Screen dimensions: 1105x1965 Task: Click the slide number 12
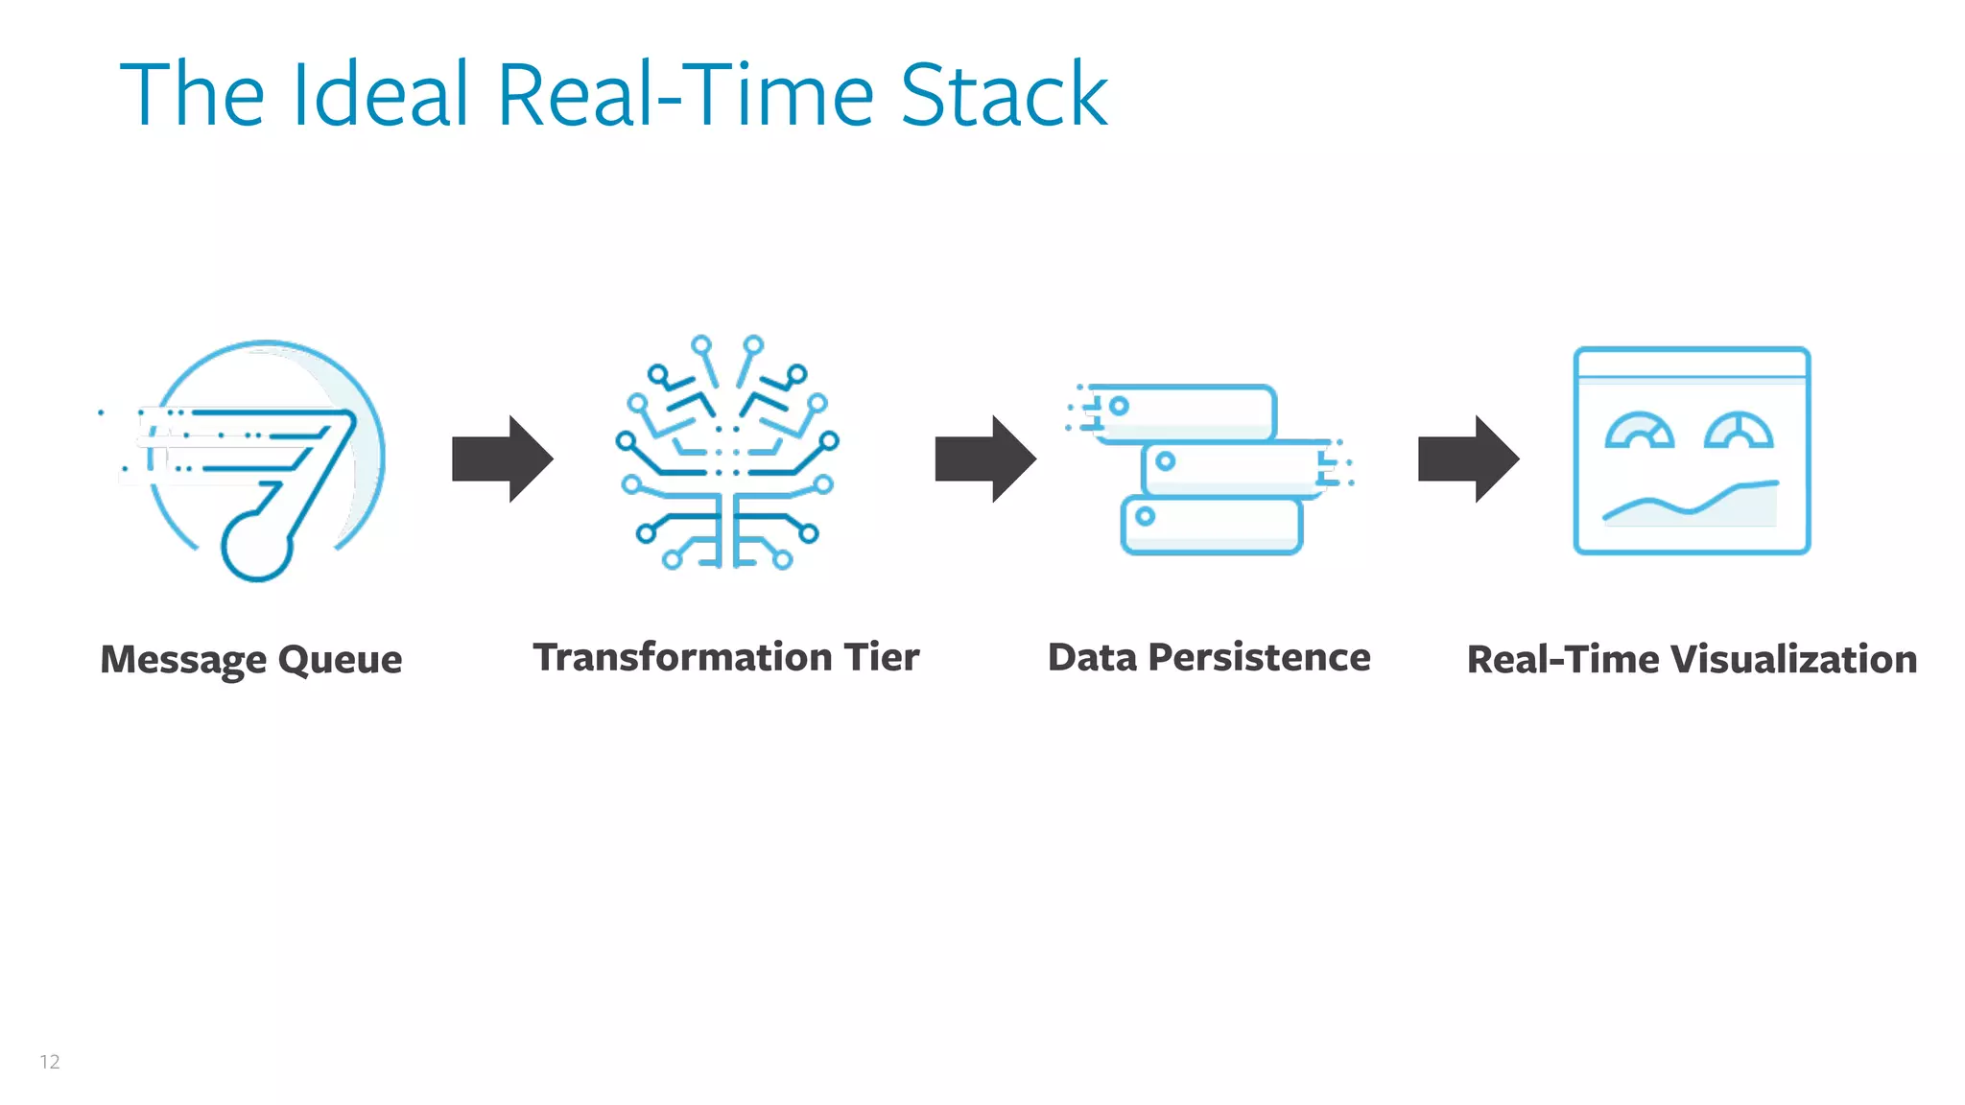tap(50, 1062)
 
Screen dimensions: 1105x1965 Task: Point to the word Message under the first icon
tap(183, 660)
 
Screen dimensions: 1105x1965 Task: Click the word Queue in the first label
tap(340, 660)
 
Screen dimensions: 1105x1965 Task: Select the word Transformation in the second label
tap(682, 657)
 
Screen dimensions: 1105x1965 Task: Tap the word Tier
tap(881, 657)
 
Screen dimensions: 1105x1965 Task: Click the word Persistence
tap(1259, 657)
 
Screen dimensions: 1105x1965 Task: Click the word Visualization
tap(1793, 660)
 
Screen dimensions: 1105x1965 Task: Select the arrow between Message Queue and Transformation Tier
tap(502, 458)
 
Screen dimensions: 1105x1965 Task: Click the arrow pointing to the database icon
tap(984, 458)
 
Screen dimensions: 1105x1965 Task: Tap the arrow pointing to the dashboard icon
tap(1468, 458)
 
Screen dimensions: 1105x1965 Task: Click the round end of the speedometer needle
tap(256, 547)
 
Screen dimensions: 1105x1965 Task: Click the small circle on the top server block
tap(1119, 406)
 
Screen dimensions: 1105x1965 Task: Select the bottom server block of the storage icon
tap(1212, 526)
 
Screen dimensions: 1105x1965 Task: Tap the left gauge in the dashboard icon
tap(1640, 432)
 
